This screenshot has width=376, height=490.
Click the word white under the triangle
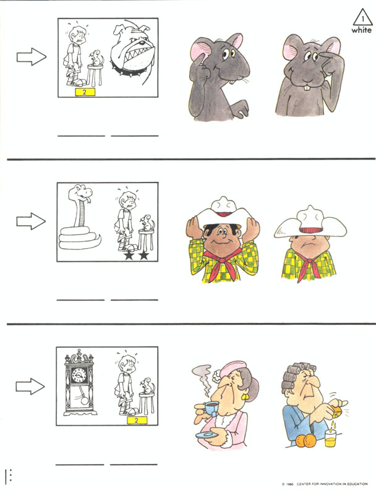[362, 30]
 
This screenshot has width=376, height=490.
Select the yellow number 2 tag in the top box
[85, 92]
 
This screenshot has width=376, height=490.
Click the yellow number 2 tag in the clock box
[137, 420]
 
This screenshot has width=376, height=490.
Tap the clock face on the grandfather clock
[79, 375]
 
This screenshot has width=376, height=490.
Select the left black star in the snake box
[129, 256]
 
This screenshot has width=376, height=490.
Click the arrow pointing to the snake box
[31, 221]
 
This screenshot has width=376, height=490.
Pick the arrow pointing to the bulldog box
[32, 57]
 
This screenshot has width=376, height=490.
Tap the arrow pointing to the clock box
[30, 386]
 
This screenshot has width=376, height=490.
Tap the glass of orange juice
[331, 438]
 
